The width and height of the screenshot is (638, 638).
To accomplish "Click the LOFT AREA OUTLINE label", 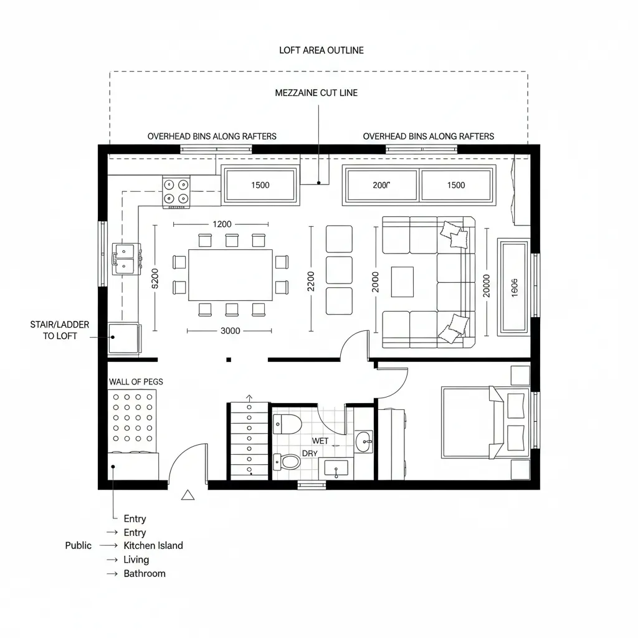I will coord(321,50).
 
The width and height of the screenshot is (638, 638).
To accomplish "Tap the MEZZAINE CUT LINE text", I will coord(317,93).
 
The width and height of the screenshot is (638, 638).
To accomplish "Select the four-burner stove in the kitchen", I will coord(176,191).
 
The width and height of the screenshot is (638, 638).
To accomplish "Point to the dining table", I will coord(231,275).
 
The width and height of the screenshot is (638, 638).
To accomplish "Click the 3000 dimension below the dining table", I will coord(231,331).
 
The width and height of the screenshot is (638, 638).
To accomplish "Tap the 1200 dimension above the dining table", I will coord(222,224).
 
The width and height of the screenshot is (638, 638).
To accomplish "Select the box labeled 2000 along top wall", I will coord(381,185).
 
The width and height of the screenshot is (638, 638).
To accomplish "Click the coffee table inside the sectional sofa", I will coord(402,282).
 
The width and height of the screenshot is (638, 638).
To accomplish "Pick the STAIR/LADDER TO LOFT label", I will coord(59,330).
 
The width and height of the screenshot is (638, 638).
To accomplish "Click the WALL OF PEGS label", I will coord(136,381).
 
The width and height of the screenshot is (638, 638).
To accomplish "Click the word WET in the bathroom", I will coord(320,441).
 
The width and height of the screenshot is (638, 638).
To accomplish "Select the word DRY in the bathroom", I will coord(310,454).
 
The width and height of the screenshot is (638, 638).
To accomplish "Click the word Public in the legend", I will coord(79,546).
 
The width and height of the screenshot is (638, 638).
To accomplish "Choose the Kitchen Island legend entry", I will coord(153,546).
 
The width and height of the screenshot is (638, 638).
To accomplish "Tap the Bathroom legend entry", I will coord(145,574).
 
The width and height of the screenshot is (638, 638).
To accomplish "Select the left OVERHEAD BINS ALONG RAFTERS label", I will coord(212,136).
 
